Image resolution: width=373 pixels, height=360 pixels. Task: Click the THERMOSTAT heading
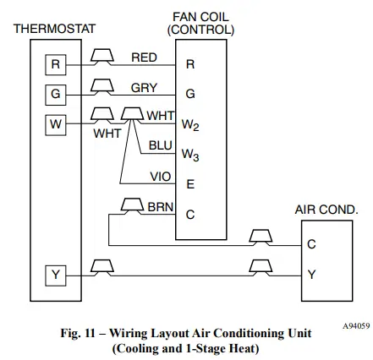click(54, 29)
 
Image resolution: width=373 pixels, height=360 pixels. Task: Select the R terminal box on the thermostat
click(54, 63)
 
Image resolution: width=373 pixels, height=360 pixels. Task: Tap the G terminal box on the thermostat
click(54, 91)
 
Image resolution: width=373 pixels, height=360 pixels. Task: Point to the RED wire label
click(144, 57)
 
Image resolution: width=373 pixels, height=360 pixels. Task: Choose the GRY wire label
click(144, 87)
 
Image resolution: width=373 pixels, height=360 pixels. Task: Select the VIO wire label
click(160, 177)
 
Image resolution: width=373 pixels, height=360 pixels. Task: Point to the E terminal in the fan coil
click(189, 183)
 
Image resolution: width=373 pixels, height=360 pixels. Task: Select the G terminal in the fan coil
click(189, 94)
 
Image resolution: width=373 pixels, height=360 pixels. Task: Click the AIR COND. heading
click(326, 209)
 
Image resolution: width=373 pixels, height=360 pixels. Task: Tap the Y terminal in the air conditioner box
click(311, 275)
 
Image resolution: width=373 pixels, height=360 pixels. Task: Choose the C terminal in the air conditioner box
click(311, 244)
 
